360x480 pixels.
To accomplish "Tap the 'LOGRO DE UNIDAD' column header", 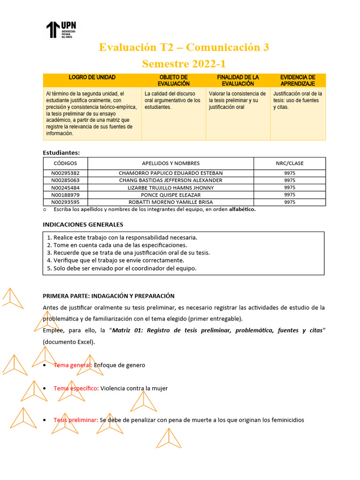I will coord(92,77).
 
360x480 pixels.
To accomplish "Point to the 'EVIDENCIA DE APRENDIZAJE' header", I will coord(298,80).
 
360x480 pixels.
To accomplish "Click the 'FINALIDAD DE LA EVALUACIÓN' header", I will coord(238,80).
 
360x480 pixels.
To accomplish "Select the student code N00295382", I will coord(65,173).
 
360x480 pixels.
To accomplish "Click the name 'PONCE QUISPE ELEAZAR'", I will coord(171,195).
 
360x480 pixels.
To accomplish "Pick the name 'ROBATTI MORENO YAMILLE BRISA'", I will coord(171,202).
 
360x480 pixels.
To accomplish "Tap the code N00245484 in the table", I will coord(65,187).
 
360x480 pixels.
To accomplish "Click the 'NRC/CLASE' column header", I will coord(289,163).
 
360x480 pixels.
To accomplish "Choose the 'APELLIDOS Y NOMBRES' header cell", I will coord(171,163).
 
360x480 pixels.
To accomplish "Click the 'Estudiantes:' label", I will coord(61,152).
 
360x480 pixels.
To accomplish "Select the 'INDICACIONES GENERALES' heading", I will coord(83,225).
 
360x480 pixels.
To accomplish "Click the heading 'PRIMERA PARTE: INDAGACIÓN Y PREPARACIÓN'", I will coord(109,296).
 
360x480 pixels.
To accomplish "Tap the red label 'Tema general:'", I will coord(73,365).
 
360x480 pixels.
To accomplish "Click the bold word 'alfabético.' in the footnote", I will coord(242,210).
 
